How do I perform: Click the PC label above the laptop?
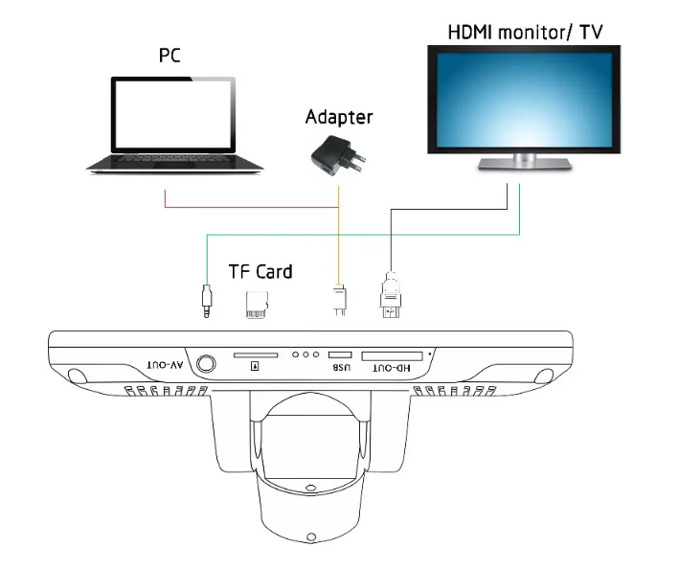pos(169,56)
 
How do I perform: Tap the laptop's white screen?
pos(173,114)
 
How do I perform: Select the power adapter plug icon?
pos(338,156)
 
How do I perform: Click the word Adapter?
pos(339,117)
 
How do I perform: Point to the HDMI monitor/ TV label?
pos(525,32)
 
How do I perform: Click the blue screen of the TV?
pos(524,100)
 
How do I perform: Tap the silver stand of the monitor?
pos(525,162)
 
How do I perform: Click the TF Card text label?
pos(260,272)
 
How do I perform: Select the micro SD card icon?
pos(257,305)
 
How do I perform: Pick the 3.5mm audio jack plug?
pos(207,301)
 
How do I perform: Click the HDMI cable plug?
pos(391,295)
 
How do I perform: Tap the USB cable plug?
pos(339,300)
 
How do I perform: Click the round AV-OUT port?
pos(206,364)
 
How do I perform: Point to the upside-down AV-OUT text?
pos(165,365)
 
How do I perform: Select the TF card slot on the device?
pos(256,355)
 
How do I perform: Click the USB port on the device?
pos(340,355)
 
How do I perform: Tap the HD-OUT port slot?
pos(392,356)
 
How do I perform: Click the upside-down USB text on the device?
pos(341,368)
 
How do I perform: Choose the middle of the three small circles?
pos(305,354)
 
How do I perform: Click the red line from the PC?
pos(251,207)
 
